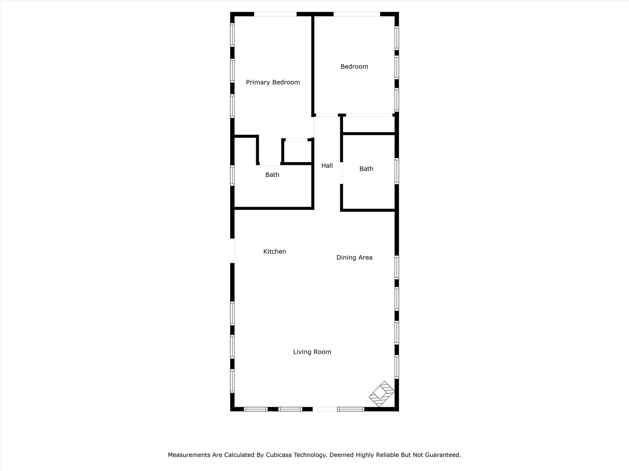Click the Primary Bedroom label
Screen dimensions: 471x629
[273, 82]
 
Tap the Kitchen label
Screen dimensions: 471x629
[275, 251]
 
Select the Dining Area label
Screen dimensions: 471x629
[354, 258]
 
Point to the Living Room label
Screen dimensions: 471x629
[312, 352]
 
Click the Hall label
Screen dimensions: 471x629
[327, 166]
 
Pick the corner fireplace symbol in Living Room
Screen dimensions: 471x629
[381, 394]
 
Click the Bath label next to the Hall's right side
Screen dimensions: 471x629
[366, 169]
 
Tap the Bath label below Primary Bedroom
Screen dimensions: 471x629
[272, 175]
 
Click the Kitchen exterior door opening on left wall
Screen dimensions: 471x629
[232, 251]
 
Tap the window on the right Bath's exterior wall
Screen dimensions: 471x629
[397, 171]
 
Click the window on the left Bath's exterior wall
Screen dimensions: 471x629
[232, 175]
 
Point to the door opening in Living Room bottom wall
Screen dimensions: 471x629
[325, 409]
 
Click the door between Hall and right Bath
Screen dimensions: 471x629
[341, 173]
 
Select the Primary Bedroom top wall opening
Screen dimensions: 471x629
[275, 14]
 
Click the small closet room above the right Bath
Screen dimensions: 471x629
[369, 124]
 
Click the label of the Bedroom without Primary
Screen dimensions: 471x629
[354, 67]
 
